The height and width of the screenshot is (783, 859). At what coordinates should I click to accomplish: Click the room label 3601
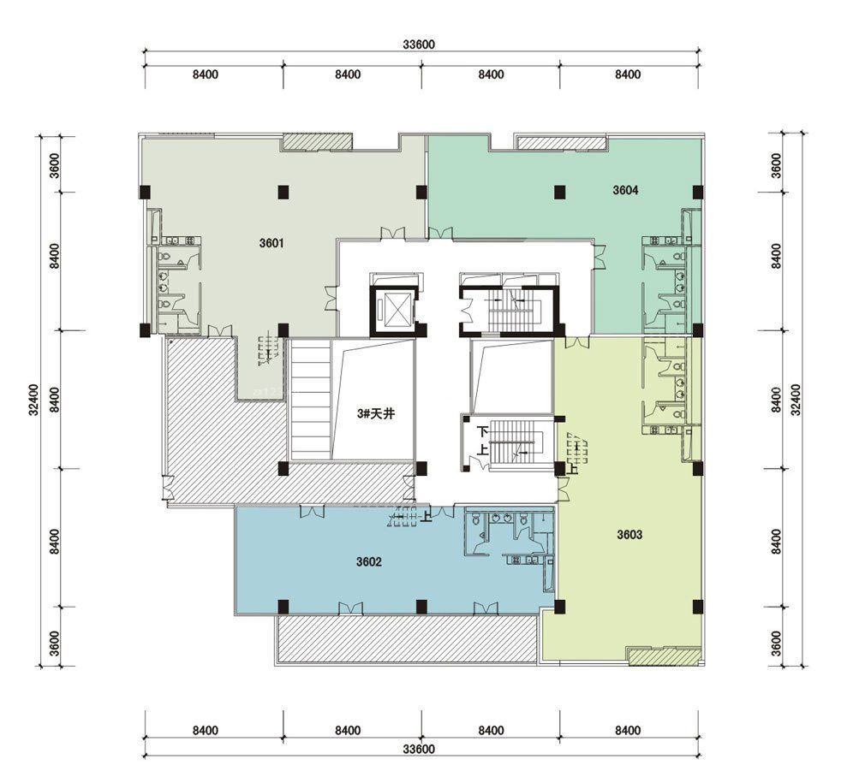click(x=271, y=243)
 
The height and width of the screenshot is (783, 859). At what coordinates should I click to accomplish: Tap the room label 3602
click(x=368, y=561)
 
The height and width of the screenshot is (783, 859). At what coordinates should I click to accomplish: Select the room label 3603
click(x=629, y=535)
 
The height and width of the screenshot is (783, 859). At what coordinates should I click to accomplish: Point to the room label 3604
click(x=626, y=190)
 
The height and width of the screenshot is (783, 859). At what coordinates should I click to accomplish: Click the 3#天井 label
click(x=375, y=414)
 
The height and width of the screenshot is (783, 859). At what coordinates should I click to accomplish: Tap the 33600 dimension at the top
click(x=419, y=44)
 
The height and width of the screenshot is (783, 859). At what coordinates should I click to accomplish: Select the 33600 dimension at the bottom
click(x=419, y=749)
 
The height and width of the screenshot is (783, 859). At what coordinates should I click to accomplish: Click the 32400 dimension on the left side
click(x=34, y=400)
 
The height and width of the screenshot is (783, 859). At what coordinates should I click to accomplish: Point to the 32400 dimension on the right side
click(x=796, y=400)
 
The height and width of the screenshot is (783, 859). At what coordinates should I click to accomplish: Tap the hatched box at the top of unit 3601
click(x=317, y=141)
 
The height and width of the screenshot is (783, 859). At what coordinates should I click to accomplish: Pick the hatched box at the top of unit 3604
click(x=562, y=142)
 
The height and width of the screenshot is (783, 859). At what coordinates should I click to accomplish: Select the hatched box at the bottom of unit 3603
click(x=665, y=656)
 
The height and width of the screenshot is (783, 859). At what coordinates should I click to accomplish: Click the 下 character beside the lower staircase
click(x=483, y=432)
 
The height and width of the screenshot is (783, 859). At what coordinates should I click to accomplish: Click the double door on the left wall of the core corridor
click(x=332, y=298)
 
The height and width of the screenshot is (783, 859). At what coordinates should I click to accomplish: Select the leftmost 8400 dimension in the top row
click(x=206, y=74)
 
